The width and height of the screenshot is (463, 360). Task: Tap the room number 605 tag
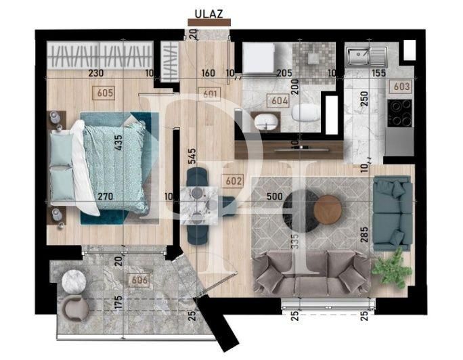(x=106, y=93)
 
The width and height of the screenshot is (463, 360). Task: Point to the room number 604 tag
(x=280, y=102)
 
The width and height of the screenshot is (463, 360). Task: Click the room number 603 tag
(x=401, y=86)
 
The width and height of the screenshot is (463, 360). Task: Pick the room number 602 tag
(x=232, y=181)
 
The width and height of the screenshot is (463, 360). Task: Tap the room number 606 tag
(x=139, y=279)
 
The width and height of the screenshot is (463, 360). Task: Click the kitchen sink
(x=366, y=56)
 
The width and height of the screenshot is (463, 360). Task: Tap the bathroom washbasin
(x=266, y=122)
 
